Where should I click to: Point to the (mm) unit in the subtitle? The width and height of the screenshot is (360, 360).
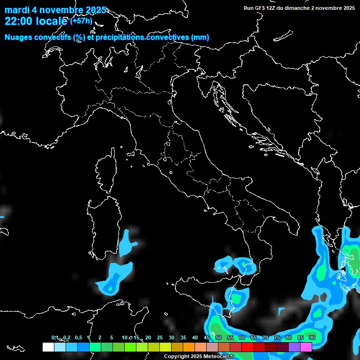200,37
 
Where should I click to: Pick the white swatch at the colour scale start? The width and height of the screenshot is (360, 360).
48,347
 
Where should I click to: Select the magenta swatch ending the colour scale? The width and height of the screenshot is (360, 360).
306,347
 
